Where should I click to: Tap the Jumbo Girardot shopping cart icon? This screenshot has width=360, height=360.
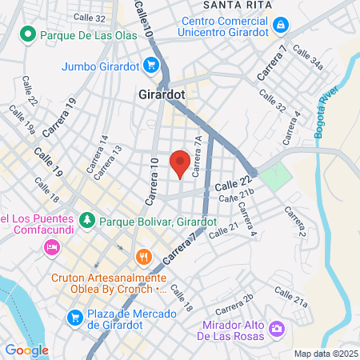pos(150,65)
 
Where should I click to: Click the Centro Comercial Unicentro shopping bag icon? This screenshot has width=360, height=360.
pos(280,26)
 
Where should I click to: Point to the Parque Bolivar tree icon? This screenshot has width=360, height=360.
pos(86,219)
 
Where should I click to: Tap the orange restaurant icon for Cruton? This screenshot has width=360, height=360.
pos(144,257)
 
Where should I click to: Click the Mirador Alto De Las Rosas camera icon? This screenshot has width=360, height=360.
pos(277,328)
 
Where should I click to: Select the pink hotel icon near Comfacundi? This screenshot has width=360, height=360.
pos(51,246)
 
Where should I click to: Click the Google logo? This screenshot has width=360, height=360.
pos(26,350)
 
